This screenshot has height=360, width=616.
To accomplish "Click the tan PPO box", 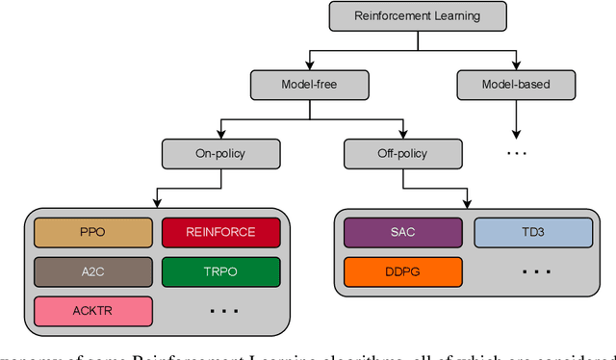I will coord(93,232).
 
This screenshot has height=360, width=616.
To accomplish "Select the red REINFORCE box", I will coord(220,232).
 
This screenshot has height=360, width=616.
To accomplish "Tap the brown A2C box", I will coord(93,271).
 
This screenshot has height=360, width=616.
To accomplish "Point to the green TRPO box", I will coord(220,271).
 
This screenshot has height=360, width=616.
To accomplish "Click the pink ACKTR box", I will coord(93,311).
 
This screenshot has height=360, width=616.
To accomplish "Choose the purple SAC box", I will coord(402,232).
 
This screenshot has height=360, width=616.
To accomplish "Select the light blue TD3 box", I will coord(533,232).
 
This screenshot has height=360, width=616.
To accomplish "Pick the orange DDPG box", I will coord(402,271).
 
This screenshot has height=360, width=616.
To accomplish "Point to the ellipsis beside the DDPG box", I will coord(533,272).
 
